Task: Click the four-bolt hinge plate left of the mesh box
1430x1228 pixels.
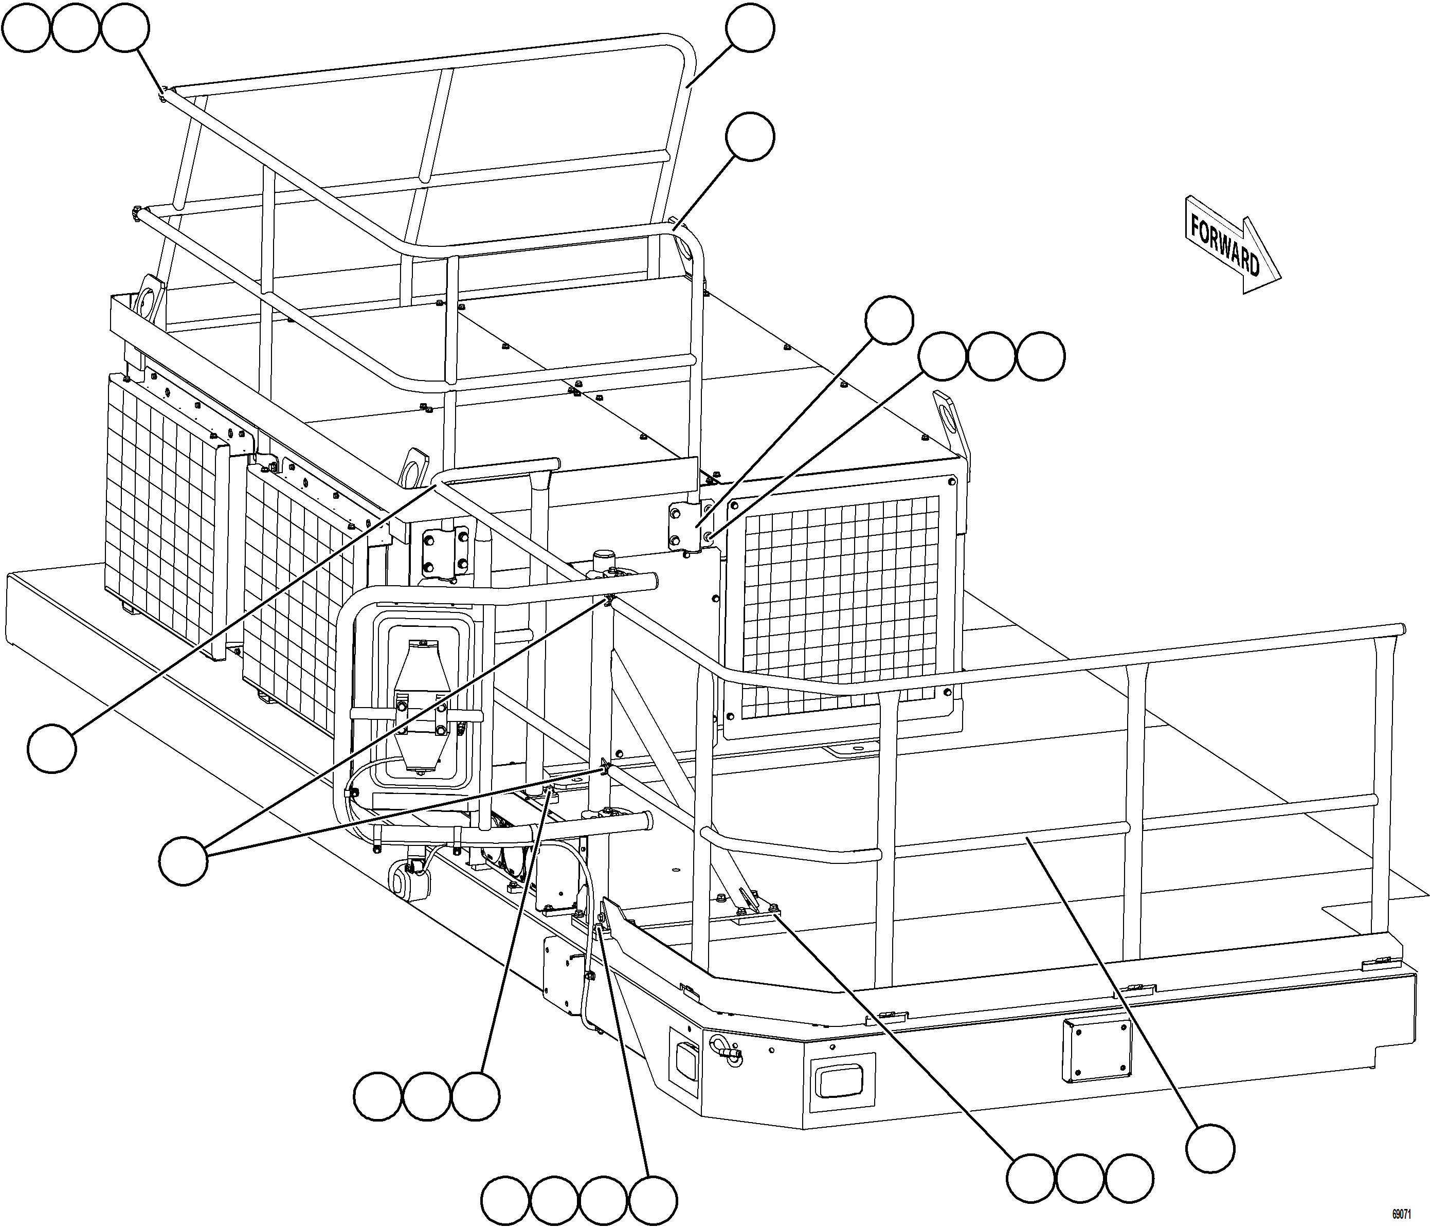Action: click(683, 526)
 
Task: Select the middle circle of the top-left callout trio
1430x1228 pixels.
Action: click(75, 28)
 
